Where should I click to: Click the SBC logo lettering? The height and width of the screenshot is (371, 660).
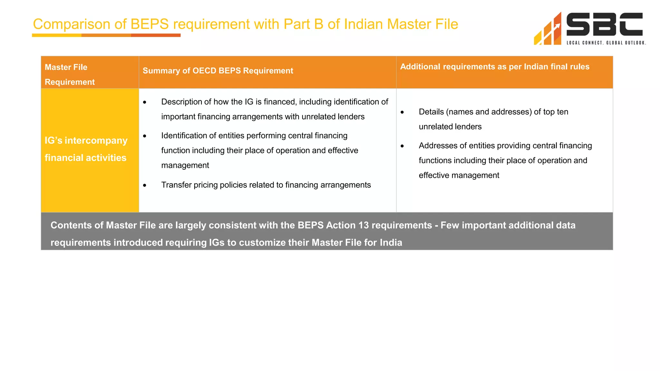pyautogui.click(x=604, y=24)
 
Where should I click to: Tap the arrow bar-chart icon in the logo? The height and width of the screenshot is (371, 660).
pyautogui.click(x=548, y=30)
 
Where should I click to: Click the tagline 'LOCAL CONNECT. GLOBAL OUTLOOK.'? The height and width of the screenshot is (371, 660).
pyautogui.click(x=606, y=43)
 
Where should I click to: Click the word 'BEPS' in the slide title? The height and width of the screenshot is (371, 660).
pyautogui.click(x=150, y=24)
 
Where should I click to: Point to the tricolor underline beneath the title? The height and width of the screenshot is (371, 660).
pyautogui.click(x=106, y=35)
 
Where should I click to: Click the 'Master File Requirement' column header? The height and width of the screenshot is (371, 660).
pyautogui.click(x=70, y=74)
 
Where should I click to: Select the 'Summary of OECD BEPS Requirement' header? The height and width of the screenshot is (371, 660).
pyautogui.click(x=218, y=71)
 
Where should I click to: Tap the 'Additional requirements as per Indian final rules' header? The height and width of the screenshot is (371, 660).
pyautogui.click(x=495, y=67)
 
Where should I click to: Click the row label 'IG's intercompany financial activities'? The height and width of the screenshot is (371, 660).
pyautogui.click(x=86, y=149)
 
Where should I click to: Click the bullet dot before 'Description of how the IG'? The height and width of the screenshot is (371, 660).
pyautogui.click(x=145, y=102)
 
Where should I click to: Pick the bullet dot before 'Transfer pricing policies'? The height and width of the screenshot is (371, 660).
pyautogui.click(x=145, y=185)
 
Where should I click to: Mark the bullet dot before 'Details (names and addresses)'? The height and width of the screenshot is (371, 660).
pyautogui.click(x=402, y=112)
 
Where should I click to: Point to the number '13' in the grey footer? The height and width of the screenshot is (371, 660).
pyautogui.click(x=363, y=225)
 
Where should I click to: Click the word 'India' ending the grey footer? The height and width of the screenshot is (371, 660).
pyautogui.click(x=391, y=243)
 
